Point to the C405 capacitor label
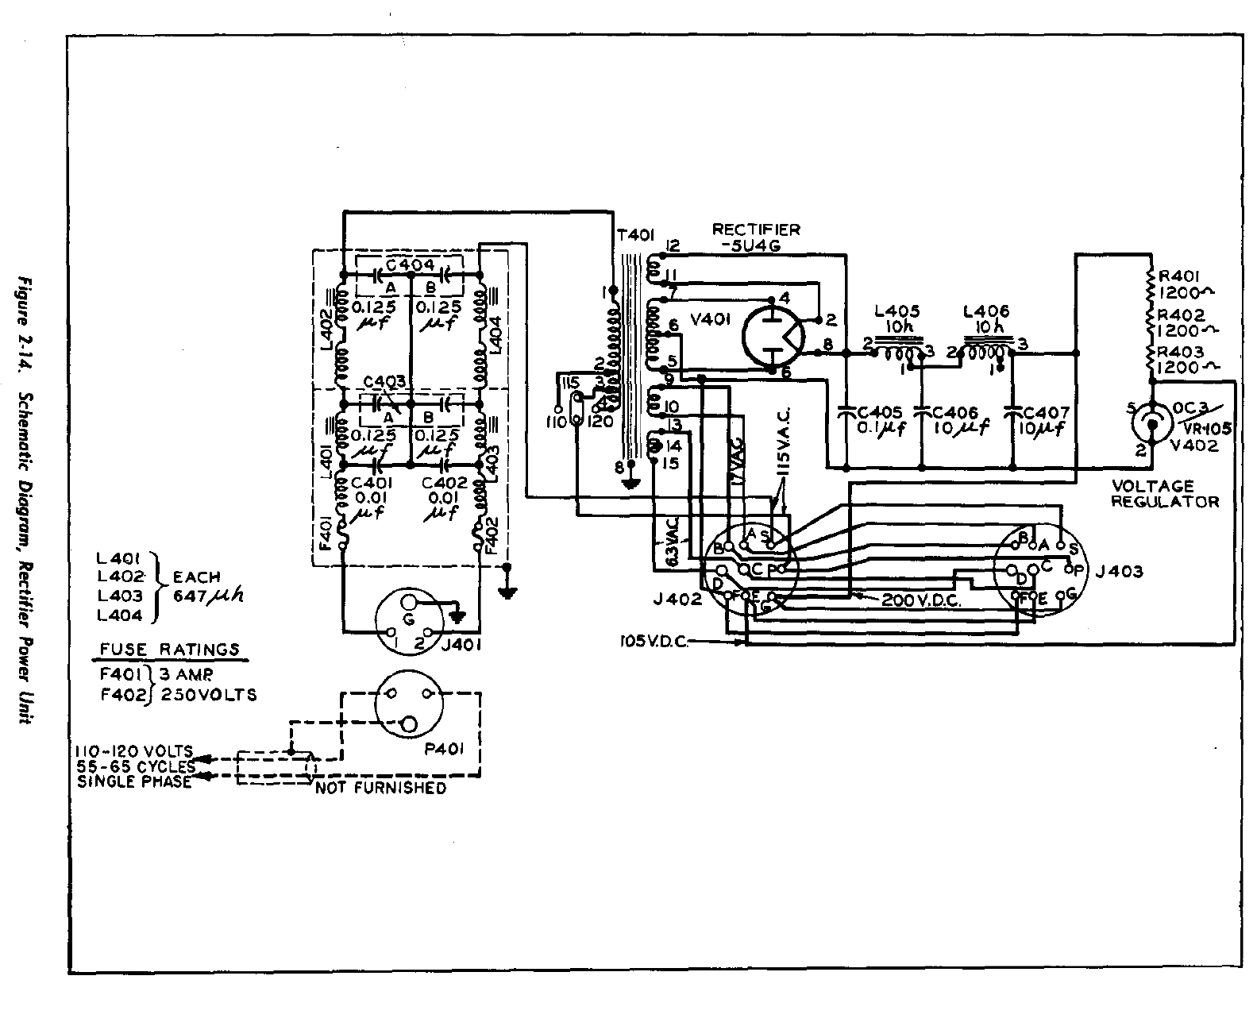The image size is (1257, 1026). (879, 412)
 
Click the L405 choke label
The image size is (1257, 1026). (896, 310)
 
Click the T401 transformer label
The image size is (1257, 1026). (635, 235)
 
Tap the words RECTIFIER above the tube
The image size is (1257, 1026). (756, 229)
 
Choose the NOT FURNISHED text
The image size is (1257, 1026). (381, 788)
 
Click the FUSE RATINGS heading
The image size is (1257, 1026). (169, 649)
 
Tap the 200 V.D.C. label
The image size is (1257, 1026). (921, 601)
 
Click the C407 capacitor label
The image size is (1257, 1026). (1047, 412)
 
